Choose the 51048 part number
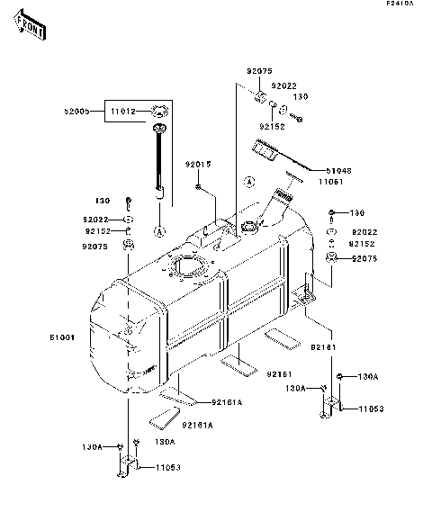tap(339, 168)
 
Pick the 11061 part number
tap(338, 181)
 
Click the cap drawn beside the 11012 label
tap(159, 112)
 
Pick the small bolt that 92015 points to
tap(197, 186)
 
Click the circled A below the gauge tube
tap(159, 231)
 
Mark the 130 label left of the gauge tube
tap(103, 201)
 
